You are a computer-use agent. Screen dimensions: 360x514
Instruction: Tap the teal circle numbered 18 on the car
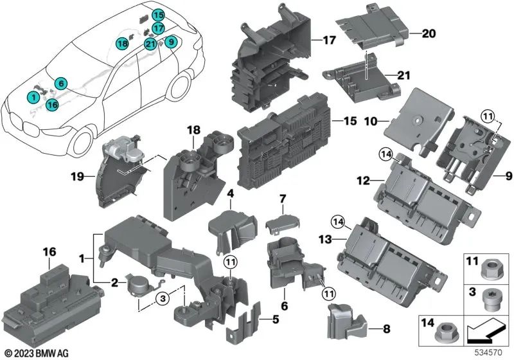pos(122,43)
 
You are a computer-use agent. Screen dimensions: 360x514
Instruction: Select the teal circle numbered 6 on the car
pos(60,83)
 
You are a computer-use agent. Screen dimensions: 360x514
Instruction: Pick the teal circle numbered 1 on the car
pos(31,96)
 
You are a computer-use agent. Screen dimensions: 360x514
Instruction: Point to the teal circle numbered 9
pos(170,42)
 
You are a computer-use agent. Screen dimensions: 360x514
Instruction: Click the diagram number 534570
pos(493,353)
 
